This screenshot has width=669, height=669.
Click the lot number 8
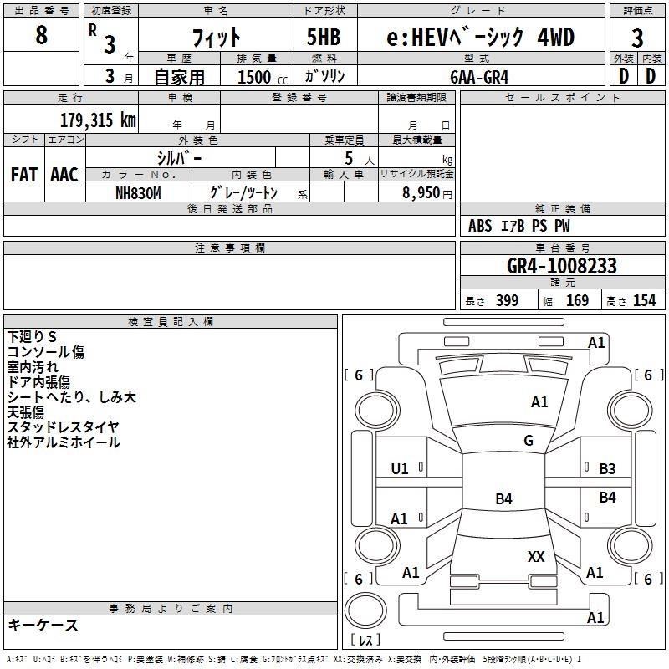tap(41, 34)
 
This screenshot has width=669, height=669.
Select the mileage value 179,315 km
tap(98, 120)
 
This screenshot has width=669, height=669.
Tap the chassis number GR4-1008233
tap(561, 266)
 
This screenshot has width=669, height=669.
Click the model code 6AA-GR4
tap(479, 77)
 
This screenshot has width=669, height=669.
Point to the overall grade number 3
tap(637, 38)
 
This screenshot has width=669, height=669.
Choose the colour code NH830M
tap(138, 193)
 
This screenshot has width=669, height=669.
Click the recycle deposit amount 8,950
tap(421, 192)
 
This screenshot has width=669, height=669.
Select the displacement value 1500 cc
tap(263, 77)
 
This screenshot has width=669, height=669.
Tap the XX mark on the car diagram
tap(536, 556)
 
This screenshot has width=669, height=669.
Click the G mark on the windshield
tap(529, 440)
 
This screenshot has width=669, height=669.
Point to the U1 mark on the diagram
tap(400, 469)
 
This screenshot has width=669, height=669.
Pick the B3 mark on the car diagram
tap(607, 469)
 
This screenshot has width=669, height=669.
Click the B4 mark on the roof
tap(503, 498)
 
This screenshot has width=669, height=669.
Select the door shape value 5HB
tap(324, 37)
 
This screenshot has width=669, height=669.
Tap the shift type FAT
tap(24, 174)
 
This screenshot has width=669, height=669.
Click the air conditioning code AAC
tap(64, 174)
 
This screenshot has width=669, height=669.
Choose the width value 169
tap(577, 300)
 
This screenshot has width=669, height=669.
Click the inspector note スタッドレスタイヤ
tap(64, 427)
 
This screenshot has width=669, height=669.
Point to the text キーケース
tap(43, 625)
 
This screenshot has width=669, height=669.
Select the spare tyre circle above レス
tap(365, 610)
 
